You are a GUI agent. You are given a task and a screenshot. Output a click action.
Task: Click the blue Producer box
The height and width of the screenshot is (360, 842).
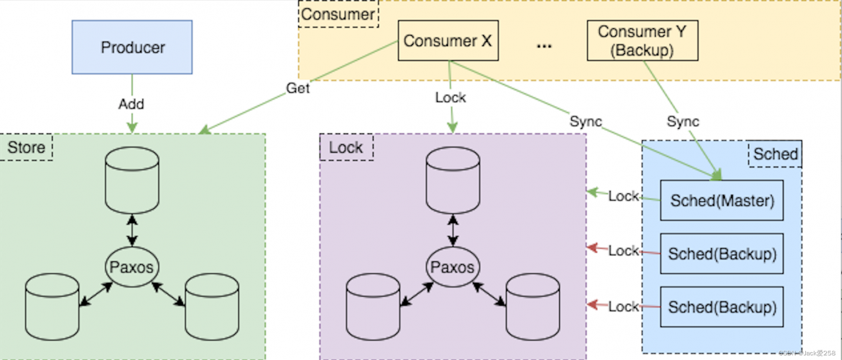pos(132,47)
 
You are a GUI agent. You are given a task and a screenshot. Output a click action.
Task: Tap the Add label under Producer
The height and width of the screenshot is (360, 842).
pos(132,104)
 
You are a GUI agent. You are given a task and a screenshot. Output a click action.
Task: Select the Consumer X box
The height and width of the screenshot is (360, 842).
pos(447,41)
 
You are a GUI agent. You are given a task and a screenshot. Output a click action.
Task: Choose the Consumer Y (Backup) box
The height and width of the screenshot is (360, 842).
pos(641,40)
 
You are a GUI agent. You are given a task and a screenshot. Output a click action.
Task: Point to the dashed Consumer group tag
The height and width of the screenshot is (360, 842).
pos(338,14)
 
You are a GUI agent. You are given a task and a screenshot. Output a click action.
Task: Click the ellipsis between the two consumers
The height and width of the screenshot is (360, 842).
pos(544,46)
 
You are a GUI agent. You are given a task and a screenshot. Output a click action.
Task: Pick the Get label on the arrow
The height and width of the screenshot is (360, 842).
pos(297,88)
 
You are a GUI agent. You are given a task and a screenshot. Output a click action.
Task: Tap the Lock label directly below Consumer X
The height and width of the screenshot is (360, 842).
pos(451,97)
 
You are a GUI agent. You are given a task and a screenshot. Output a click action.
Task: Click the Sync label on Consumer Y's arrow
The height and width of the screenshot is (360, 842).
pos(683,121)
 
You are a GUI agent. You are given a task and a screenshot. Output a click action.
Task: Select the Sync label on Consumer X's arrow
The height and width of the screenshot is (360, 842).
pos(585,121)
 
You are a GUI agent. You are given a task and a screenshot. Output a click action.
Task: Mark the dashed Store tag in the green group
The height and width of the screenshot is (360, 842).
pos(26,147)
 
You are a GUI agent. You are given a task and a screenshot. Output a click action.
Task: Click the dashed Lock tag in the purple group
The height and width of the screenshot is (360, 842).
pos(346,147)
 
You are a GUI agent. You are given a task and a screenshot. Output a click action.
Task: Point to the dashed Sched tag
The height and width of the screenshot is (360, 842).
pos(775,154)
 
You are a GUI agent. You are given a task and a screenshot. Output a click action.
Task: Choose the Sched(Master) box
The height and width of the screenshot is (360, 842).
pos(722,200)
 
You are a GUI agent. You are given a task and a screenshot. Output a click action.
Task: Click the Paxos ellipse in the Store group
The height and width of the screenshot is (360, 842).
pos(132,267)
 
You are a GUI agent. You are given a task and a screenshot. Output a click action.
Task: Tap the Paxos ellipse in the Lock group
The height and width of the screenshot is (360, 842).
pos(453,267)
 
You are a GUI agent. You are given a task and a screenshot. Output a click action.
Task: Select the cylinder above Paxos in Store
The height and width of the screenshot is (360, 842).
pos(132,179)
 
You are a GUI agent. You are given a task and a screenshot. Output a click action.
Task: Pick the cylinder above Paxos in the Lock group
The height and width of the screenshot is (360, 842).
pos(453,179)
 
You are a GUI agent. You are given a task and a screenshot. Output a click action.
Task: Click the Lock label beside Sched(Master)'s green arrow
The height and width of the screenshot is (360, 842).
pos(623,196)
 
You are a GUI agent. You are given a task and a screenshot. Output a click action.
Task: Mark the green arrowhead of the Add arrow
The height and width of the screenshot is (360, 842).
pos(132,126)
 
